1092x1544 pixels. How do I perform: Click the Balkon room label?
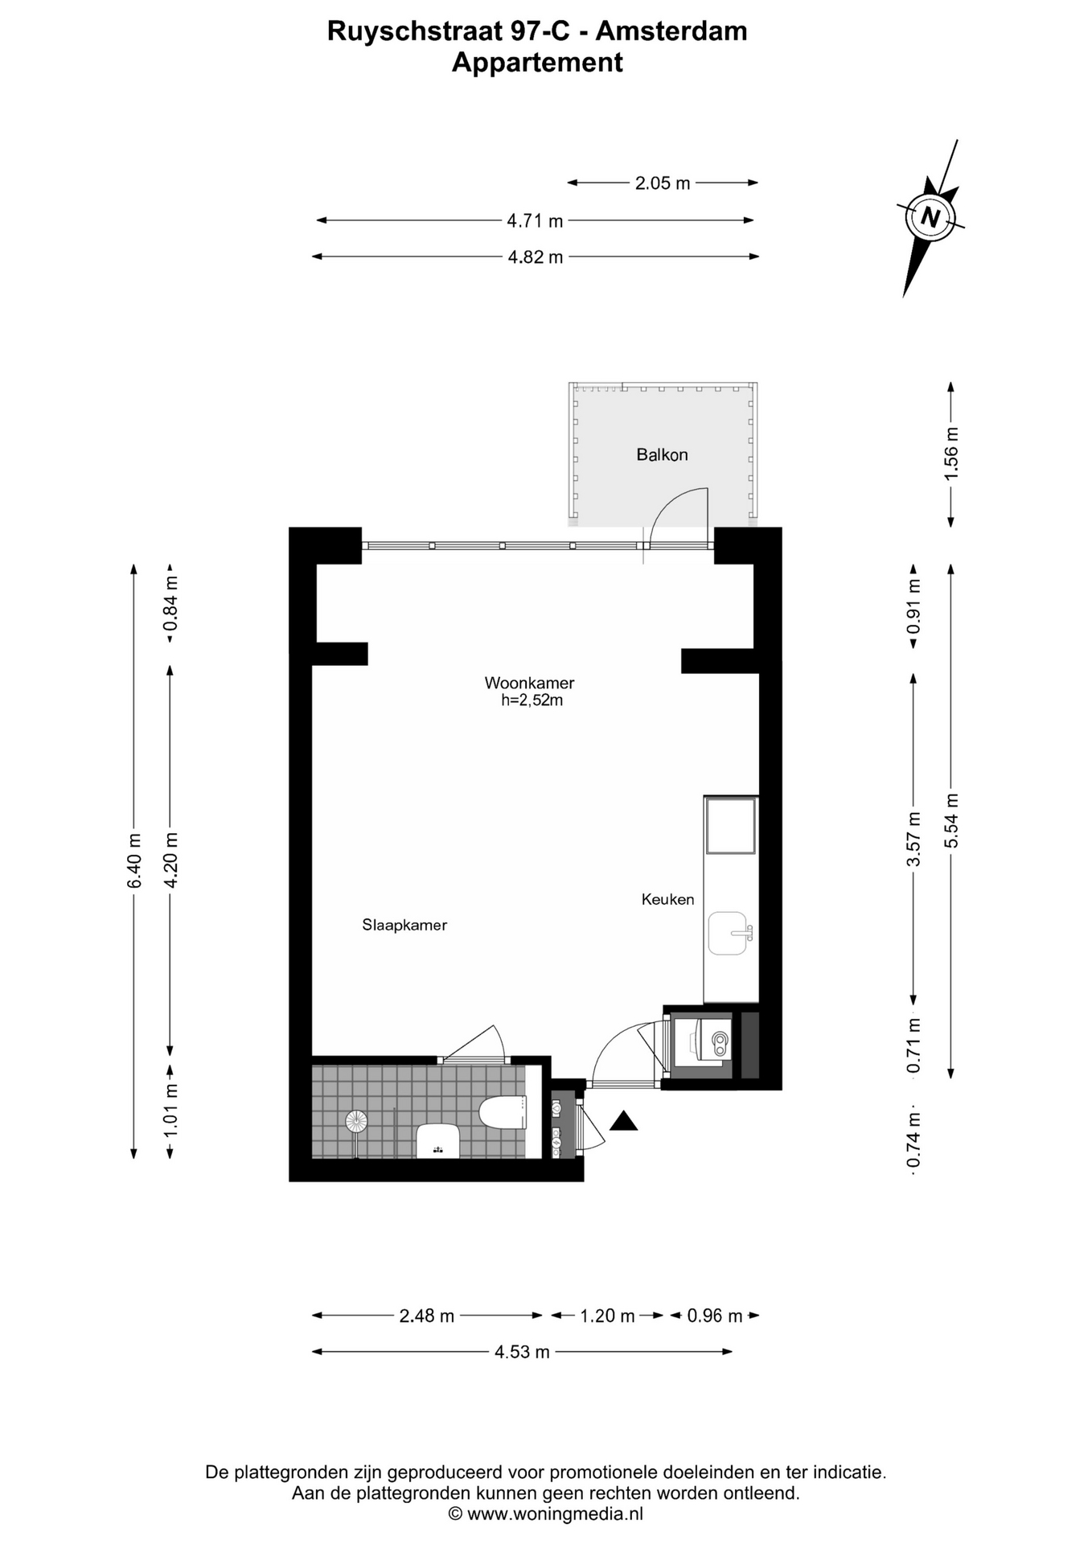[x=662, y=454]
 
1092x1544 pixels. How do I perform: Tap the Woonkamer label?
[x=529, y=683]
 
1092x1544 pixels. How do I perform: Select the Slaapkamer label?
[x=404, y=925]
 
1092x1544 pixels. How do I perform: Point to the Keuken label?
[x=667, y=899]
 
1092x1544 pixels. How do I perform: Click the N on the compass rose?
[x=930, y=217]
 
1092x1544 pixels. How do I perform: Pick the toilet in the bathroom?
[x=503, y=1113]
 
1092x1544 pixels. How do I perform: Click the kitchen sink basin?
[x=729, y=934]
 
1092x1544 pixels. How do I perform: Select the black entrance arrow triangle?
[x=623, y=1120]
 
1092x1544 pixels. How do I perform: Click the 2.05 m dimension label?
[x=663, y=183]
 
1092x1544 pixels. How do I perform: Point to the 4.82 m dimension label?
[x=536, y=257]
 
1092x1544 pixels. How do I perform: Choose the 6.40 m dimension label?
[x=134, y=860]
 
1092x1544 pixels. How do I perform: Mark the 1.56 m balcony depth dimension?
[x=951, y=454]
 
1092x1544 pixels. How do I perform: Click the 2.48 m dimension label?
[x=427, y=1316]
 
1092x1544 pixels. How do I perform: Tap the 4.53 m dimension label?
[x=522, y=1352]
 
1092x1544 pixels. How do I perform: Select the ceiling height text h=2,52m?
[x=532, y=700]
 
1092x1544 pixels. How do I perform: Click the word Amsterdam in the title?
[x=671, y=31]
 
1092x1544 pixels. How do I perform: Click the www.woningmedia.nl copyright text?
[x=545, y=1514]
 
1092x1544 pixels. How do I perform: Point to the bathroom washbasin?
[x=437, y=1140]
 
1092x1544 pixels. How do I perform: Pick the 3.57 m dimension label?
[x=913, y=839]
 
